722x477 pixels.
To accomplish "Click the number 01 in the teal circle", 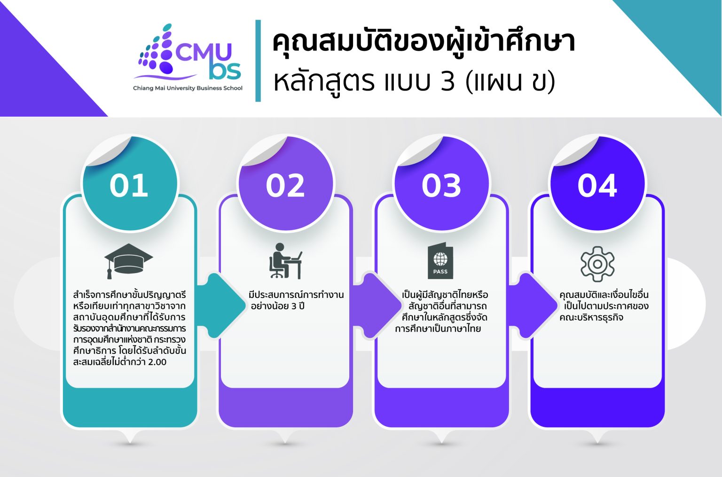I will pos(129,185).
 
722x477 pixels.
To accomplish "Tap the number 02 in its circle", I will pos(285,185).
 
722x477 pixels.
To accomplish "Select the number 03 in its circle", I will pos(441,185).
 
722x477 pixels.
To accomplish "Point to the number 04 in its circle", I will pos(597,185).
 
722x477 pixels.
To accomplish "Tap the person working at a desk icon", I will pos(285,261).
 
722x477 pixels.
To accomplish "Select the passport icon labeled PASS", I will pos(440,261).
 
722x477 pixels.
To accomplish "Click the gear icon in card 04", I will pos(597,264).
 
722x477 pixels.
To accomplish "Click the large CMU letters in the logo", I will pos(203,53).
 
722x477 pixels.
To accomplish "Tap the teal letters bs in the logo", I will pos(225,70).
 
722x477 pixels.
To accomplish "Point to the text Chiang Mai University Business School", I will pos(188,88).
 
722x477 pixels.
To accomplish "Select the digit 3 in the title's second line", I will pos(448,81).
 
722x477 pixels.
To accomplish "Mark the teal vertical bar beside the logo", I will pos(258,61).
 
